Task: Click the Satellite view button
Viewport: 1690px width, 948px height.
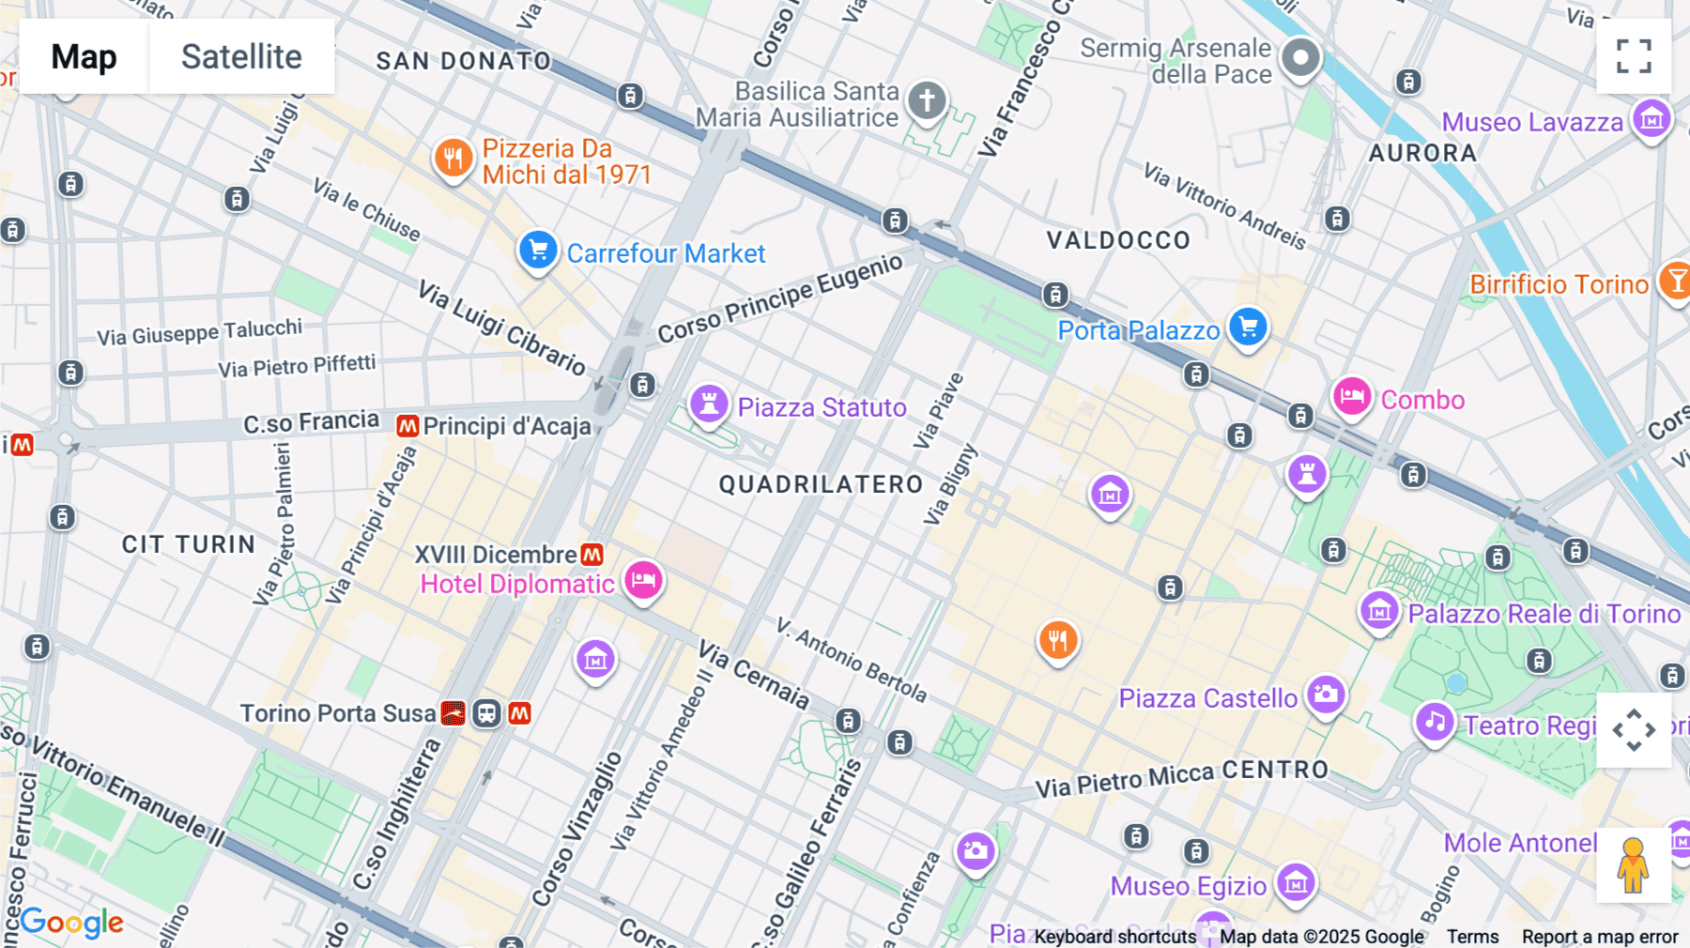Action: coord(241,56)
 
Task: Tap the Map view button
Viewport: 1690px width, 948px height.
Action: coord(84,56)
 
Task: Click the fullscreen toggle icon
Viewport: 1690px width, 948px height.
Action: coord(1634,56)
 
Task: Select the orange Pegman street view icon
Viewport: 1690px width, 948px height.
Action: coord(1633,865)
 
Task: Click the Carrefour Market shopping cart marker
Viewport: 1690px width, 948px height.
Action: coord(538,251)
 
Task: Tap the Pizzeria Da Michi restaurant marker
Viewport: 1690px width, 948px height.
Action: coord(453,158)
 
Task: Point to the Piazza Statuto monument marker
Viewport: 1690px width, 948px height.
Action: coord(709,405)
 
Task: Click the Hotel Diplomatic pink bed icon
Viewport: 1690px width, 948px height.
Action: coord(643,580)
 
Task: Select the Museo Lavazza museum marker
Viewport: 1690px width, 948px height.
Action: coord(1652,119)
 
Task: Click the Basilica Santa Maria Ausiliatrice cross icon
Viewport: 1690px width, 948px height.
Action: coord(927,99)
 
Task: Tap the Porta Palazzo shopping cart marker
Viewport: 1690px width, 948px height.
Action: coord(1248,328)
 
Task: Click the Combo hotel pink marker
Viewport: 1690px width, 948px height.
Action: coord(1352,396)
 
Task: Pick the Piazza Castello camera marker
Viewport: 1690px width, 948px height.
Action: coord(1326,695)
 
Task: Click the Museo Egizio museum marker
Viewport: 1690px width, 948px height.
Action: coord(1296,882)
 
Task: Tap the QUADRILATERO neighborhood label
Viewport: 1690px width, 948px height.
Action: coord(822,484)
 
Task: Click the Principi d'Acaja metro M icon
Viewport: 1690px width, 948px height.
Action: coord(407,426)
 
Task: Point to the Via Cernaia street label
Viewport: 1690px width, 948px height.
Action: coord(754,674)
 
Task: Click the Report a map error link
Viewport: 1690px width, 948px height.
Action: coord(1600,937)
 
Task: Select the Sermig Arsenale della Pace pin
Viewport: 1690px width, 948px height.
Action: coord(1300,57)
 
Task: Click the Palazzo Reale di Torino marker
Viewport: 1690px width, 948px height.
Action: coord(1379,612)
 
